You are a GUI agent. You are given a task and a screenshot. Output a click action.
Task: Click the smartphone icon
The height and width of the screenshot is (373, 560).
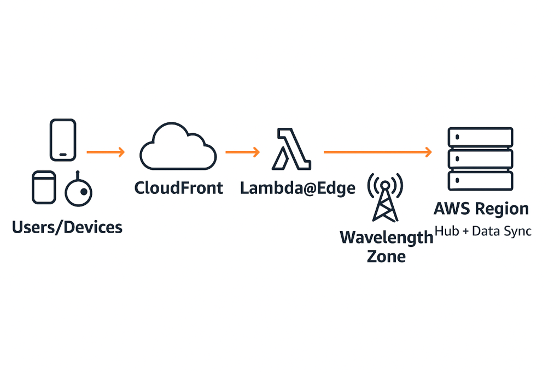[x=63, y=140]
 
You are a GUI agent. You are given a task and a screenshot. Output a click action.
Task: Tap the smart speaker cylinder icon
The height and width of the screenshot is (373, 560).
[x=44, y=187]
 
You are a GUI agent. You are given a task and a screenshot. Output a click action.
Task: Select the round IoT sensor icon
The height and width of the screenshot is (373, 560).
[x=79, y=192]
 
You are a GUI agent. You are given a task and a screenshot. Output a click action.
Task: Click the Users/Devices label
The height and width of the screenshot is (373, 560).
[x=67, y=227]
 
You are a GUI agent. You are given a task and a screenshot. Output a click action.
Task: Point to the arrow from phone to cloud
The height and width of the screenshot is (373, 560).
[x=106, y=152]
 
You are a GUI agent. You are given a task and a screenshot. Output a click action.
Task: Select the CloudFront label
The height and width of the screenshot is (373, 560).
[x=179, y=188]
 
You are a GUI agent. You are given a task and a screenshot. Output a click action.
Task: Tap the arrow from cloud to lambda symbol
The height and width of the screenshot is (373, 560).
[x=242, y=152]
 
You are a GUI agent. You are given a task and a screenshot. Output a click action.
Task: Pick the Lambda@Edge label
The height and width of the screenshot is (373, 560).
[x=297, y=188]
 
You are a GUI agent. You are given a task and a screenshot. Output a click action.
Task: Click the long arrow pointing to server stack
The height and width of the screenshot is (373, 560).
[x=377, y=152]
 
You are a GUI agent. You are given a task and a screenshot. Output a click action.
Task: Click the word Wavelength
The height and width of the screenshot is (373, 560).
[x=386, y=238]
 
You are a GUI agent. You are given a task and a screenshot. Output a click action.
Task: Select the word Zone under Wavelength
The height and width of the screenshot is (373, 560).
[x=386, y=256]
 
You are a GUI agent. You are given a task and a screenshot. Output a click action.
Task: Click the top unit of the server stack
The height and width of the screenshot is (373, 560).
[x=480, y=137]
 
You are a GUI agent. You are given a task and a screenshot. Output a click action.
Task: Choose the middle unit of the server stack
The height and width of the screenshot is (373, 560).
[x=480, y=159]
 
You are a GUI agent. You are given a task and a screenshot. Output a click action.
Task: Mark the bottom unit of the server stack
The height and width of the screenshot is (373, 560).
[x=480, y=180]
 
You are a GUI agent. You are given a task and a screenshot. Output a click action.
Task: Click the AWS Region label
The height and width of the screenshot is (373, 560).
[x=481, y=209]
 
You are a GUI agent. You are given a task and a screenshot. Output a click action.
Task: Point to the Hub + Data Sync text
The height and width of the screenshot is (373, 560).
[x=483, y=231]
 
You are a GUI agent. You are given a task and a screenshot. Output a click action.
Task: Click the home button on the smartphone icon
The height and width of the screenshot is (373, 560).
[x=63, y=155]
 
